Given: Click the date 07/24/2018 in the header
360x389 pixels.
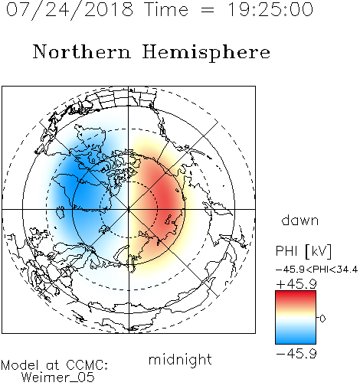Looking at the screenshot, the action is (x=70, y=10).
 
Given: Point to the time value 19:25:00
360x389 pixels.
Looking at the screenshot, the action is (x=270, y=10).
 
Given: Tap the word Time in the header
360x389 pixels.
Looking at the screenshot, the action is (x=166, y=10).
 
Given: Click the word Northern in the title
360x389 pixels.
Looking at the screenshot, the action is (x=82, y=51).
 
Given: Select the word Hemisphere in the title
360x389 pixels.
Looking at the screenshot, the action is (x=206, y=53).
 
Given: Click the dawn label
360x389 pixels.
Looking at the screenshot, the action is (x=300, y=220).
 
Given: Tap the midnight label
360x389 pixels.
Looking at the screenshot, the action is (x=180, y=359).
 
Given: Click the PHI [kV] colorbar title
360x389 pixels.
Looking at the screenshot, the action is (x=303, y=251).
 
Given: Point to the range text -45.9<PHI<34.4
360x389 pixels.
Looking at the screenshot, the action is (x=316, y=270).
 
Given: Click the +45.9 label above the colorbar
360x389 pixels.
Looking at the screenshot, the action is (x=296, y=284).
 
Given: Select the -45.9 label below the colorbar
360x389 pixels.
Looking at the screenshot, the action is (x=296, y=354).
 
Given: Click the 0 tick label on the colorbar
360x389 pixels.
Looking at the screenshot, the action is (x=322, y=319).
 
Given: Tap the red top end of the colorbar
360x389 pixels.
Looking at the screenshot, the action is (x=296, y=293).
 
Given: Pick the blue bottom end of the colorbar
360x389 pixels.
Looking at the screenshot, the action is (x=296, y=342).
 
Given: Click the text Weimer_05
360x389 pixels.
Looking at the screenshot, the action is (x=58, y=378).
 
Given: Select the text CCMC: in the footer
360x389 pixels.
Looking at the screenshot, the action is (x=87, y=365).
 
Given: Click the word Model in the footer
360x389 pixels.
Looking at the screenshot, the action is (x=20, y=365).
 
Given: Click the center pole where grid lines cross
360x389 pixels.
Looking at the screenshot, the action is (x=129, y=209).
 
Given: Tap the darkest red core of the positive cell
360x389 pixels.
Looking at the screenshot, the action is (x=167, y=201).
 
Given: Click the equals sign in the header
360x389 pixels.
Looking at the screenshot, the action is (x=208, y=11).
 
